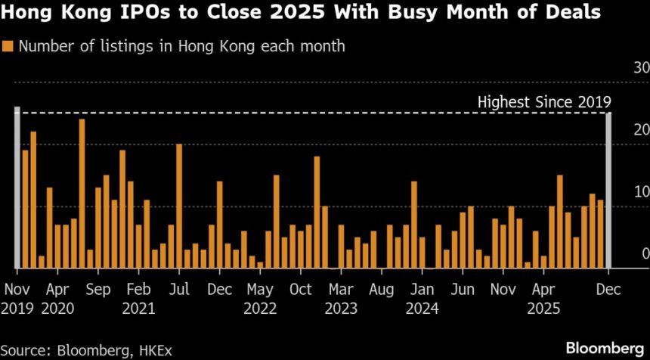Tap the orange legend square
pyautogui.click(x=8, y=46)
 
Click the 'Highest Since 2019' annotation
pyautogui.click(x=544, y=102)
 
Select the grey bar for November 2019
pyautogui.click(x=17, y=188)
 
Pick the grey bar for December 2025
pyautogui.click(x=609, y=191)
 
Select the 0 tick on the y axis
pyautogui.click(x=645, y=254)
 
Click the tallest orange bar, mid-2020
pyautogui.click(x=82, y=194)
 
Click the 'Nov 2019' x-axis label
pyautogui.click(x=17, y=298)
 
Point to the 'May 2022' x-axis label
pyautogui.click(x=260, y=298)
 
